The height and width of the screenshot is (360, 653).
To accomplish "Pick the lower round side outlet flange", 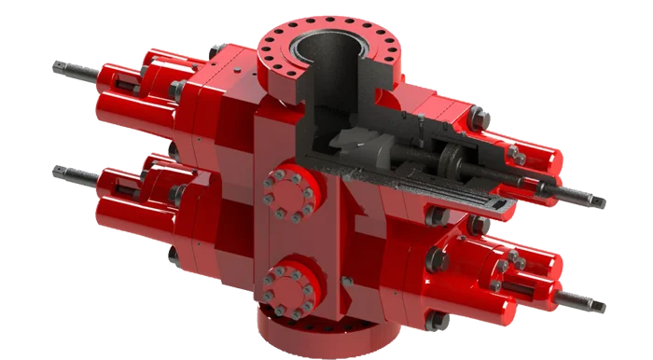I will [288, 290].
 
